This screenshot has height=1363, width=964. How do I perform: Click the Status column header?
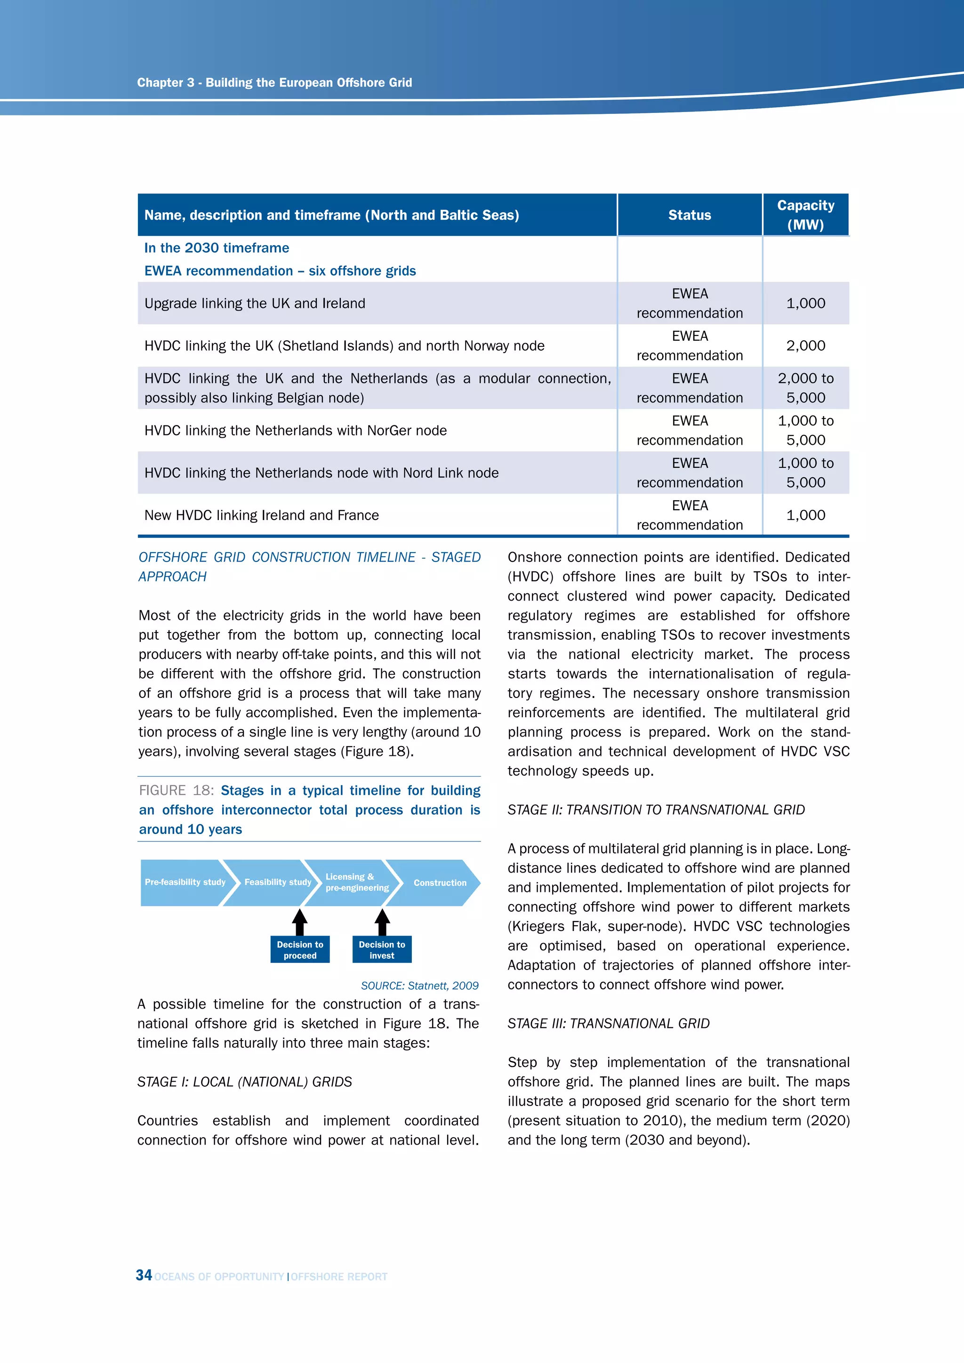click(689, 215)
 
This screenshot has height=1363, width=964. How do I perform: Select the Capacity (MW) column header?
click(805, 215)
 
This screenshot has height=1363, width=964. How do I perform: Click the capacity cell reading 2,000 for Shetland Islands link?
click(805, 345)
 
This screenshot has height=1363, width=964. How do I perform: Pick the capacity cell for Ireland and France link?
click(805, 515)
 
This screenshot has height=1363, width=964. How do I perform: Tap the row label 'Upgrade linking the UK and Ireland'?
click(255, 304)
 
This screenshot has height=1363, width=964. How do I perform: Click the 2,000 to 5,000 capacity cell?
click(805, 388)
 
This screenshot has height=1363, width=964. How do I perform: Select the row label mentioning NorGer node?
click(296, 430)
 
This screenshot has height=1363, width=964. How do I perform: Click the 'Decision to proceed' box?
click(300, 950)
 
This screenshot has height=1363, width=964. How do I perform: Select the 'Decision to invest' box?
click(382, 950)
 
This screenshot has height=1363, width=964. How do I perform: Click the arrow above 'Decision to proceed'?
click(300, 922)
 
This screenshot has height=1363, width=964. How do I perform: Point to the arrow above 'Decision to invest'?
click(382, 922)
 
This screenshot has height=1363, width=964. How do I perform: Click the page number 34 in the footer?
click(144, 1275)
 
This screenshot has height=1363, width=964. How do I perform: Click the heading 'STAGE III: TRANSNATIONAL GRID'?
click(609, 1024)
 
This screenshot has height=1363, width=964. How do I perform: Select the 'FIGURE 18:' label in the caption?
click(176, 791)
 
